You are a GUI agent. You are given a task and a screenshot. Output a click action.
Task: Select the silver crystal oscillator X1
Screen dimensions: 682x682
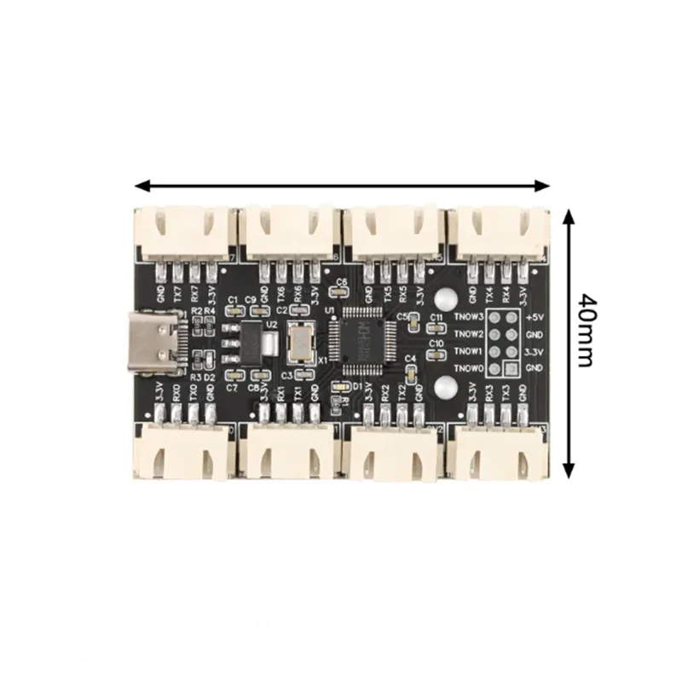pos(300,342)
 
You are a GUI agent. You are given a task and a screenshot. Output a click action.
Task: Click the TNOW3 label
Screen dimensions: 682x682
pos(470,317)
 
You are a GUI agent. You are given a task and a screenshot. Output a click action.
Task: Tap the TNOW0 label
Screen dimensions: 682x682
pos(470,368)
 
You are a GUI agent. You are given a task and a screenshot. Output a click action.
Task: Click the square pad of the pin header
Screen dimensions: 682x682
pos(510,368)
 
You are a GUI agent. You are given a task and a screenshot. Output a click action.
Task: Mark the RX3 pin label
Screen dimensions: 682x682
pos(489,393)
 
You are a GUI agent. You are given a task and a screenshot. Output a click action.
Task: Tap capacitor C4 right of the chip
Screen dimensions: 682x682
pos(411,373)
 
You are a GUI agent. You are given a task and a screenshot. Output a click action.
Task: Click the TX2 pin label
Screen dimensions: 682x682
pos(402,393)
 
